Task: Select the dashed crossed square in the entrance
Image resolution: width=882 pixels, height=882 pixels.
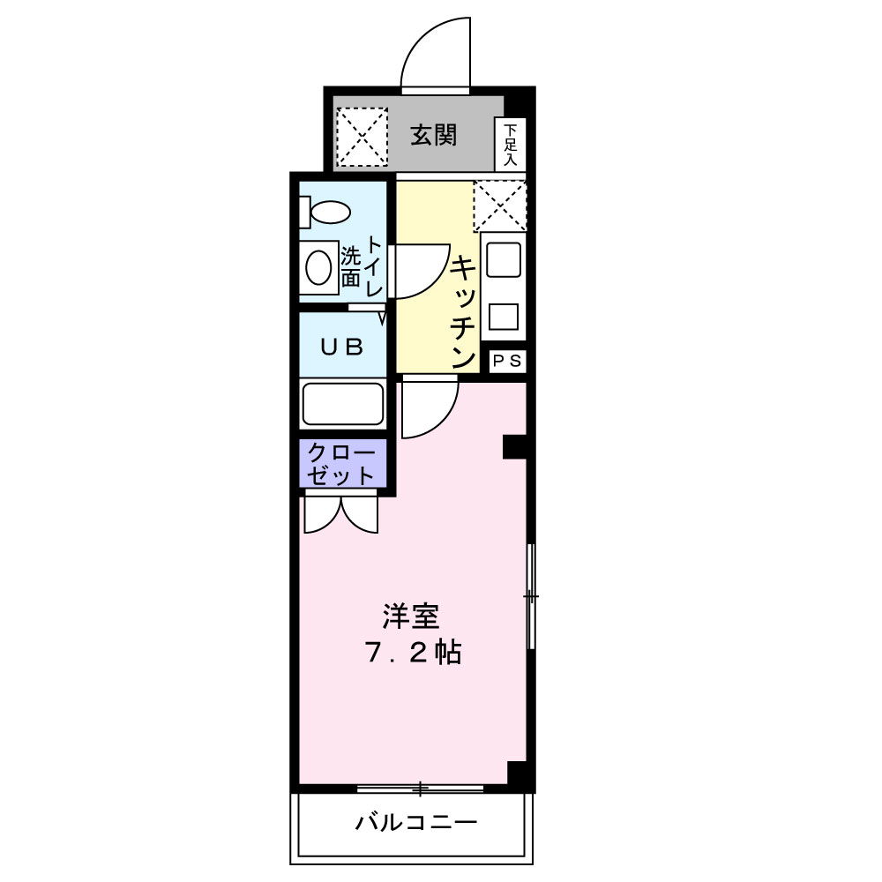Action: (x=363, y=136)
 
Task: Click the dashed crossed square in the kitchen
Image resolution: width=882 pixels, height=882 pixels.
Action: (x=499, y=206)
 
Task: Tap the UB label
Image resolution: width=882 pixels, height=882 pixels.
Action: (x=342, y=347)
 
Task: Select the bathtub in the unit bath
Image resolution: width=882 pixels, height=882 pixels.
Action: (x=343, y=404)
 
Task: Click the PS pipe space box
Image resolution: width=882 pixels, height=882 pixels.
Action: (x=507, y=361)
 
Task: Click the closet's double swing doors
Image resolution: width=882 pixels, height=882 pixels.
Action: (x=341, y=514)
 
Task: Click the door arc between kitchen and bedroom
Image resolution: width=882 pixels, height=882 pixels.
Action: (x=430, y=407)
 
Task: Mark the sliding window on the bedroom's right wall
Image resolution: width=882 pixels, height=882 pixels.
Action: (x=530, y=597)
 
